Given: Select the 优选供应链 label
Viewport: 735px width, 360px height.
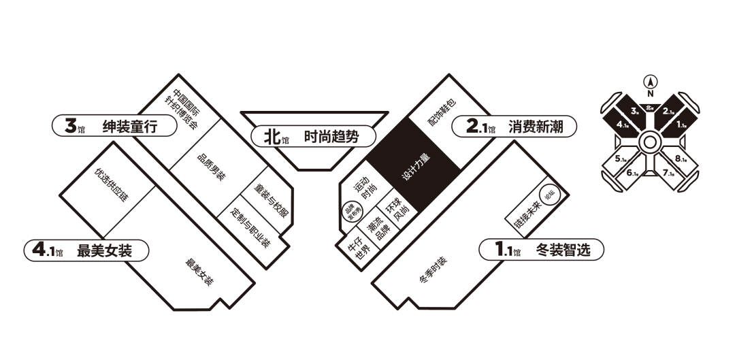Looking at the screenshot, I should click(112, 184).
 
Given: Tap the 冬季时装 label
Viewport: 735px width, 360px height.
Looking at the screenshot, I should click(433, 270).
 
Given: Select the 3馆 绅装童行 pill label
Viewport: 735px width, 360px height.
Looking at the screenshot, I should click(108, 126).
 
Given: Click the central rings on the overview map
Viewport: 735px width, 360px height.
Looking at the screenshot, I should click(649, 142).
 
